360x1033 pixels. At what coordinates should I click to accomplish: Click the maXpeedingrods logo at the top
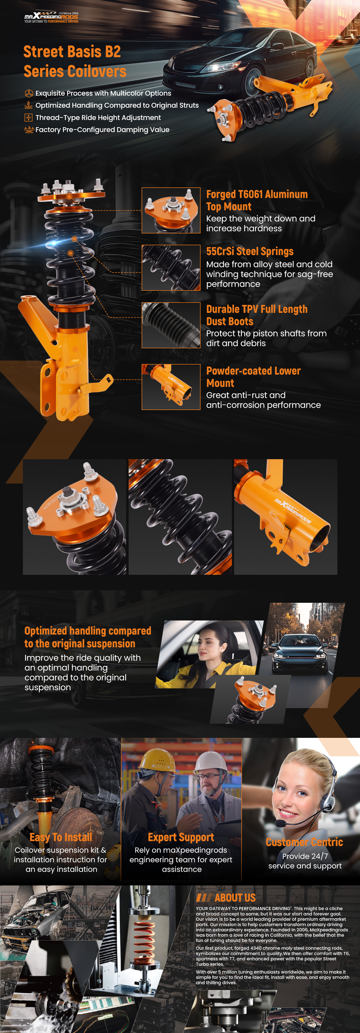coord(51,18)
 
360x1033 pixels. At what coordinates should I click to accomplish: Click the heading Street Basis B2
coord(72,52)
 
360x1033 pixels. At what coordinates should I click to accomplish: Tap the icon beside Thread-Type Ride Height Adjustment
coord(29,118)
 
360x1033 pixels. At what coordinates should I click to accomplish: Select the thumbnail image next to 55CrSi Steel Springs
coord(171,268)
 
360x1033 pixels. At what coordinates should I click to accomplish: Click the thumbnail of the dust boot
coord(171,325)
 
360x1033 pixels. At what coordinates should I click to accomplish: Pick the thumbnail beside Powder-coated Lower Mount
coord(171,387)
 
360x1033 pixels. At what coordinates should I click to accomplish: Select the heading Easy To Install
coord(61,837)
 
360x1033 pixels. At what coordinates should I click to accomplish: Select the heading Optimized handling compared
coord(88,631)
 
